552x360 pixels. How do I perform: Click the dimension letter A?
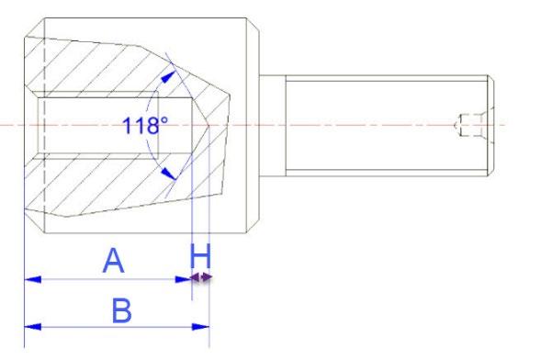113,261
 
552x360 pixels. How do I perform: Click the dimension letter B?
122,310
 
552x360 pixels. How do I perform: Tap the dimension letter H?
200,256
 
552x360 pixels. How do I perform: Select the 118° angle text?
145,126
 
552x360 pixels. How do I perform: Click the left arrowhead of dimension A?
33,279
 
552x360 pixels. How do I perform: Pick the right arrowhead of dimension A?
183,279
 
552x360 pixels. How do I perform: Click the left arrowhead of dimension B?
33,327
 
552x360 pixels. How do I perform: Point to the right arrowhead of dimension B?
200,327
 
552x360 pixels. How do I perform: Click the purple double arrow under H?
201,277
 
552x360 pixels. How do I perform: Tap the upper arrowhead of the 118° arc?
169,76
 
